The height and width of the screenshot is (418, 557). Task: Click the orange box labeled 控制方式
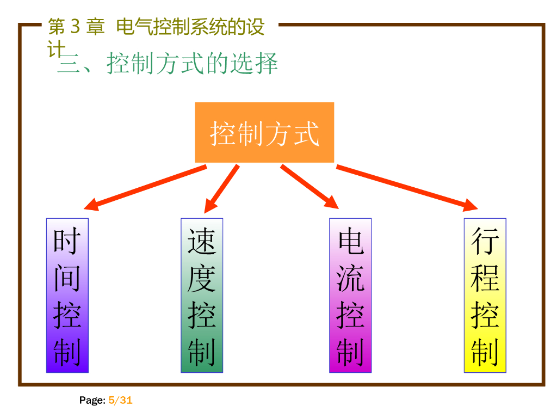pyautogui.click(x=264, y=132)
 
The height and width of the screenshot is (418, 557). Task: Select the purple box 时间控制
pyautogui.click(x=67, y=296)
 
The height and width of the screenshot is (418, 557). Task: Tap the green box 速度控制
pyautogui.click(x=202, y=296)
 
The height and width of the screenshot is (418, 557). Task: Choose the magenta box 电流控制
pyautogui.click(x=350, y=296)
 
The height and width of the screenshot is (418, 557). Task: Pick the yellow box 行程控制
pyautogui.click(x=485, y=296)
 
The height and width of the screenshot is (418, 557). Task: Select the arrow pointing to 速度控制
pyautogui.click(x=221, y=188)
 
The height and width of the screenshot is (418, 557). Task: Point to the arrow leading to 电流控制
pyautogui.click(x=309, y=186)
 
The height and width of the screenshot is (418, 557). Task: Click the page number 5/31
pyautogui.click(x=120, y=401)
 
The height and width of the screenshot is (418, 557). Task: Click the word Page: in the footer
pyautogui.click(x=92, y=401)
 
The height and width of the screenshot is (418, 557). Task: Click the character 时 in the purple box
pyautogui.click(x=67, y=241)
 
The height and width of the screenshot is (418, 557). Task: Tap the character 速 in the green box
pyautogui.click(x=202, y=241)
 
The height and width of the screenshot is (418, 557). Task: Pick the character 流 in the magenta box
pyautogui.click(x=350, y=278)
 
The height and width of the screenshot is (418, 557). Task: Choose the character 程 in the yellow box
pyautogui.click(x=485, y=278)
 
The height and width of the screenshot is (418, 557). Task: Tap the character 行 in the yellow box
pyautogui.click(x=485, y=241)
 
